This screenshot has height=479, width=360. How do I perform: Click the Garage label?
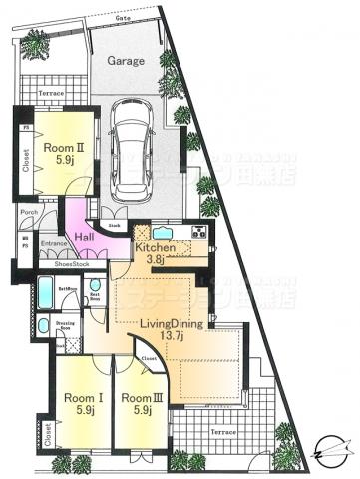click(126, 59)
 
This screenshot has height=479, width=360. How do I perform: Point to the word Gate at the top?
click(124, 18)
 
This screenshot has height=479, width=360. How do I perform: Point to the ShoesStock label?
click(72, 264)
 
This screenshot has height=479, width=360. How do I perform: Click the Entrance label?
click(53, 242)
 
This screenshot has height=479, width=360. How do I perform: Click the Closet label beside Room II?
click(25, 155)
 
